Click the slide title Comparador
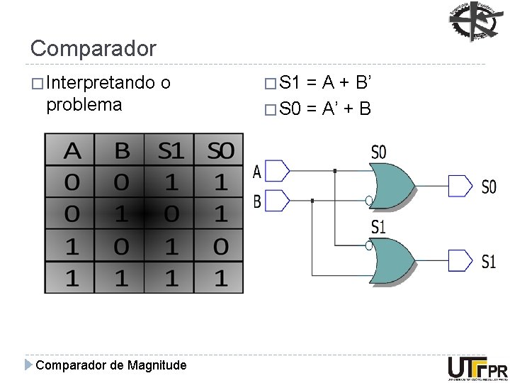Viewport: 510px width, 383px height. (x=93, y=49)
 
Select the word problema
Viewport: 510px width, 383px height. (x=84, y=105)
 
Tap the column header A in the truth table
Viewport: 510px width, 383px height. (x=72, y=151)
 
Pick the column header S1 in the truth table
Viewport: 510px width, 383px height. (x=171, y=151)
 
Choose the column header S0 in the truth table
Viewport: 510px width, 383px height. (x=220, y=151)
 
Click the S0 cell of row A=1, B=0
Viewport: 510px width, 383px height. (x=220, y=246)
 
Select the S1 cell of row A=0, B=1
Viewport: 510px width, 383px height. (x=171, y=214)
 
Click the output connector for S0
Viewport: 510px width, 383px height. (x=460, y=186)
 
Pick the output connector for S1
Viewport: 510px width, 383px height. (x=460, y=260)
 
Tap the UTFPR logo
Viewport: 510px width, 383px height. (x=477, y=368)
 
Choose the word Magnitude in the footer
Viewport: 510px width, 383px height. (x=158, y=365)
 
